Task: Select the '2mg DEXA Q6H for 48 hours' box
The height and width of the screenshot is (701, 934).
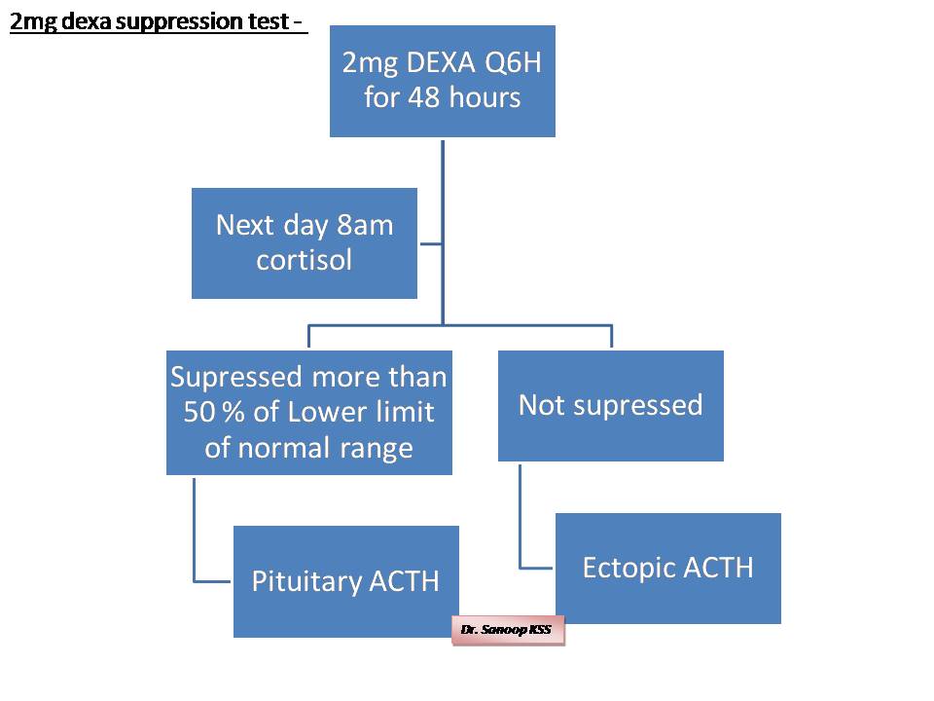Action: point(443,81)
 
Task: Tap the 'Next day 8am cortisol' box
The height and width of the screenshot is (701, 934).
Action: point(305,242)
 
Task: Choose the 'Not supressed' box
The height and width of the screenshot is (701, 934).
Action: point(610,405)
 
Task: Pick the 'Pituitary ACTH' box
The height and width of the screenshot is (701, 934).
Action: point(345,581)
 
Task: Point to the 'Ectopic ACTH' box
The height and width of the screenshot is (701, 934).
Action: point(667,568)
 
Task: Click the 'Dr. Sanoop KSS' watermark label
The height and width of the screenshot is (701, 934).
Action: point(506,630)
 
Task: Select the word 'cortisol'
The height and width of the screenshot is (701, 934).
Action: point(304,261)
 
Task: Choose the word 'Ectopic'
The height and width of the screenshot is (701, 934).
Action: point(628,568)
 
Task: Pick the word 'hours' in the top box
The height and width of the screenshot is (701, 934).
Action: point(485,97)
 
